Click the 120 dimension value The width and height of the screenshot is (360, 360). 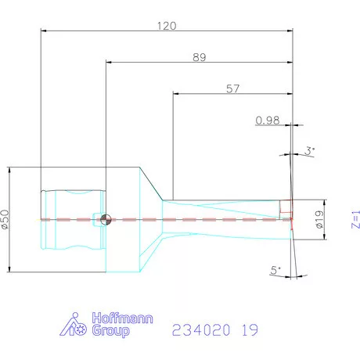click(x=166, y=25)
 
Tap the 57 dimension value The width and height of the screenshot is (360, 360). click(x=232, y=88)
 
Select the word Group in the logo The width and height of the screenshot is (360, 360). click(x=110, y=331)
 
